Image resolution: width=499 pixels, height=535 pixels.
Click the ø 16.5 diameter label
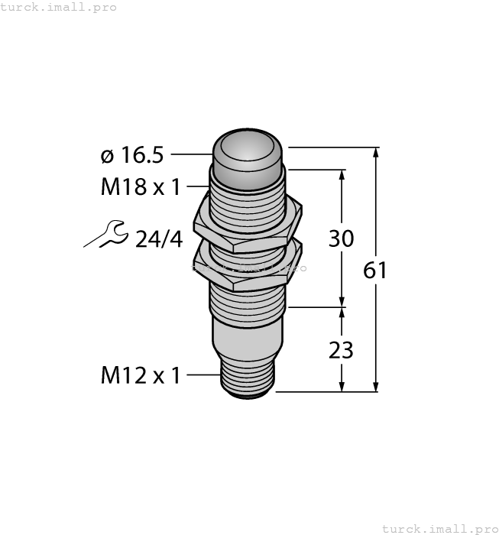[132, 155]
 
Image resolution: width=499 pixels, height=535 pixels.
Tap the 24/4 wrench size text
[159, 239]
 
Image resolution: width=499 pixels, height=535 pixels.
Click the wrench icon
[105, 235]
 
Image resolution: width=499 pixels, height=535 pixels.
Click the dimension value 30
[341, 238]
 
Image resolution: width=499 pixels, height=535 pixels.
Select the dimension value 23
[341, 350]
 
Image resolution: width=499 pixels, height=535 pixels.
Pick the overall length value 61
[375, 271]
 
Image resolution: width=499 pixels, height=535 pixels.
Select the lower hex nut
[248, 268]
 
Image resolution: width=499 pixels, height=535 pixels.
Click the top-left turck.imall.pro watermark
[59, 7]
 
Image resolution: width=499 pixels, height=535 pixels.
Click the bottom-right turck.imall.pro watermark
[439, 528]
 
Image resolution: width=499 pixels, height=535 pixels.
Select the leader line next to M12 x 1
[203, 375]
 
